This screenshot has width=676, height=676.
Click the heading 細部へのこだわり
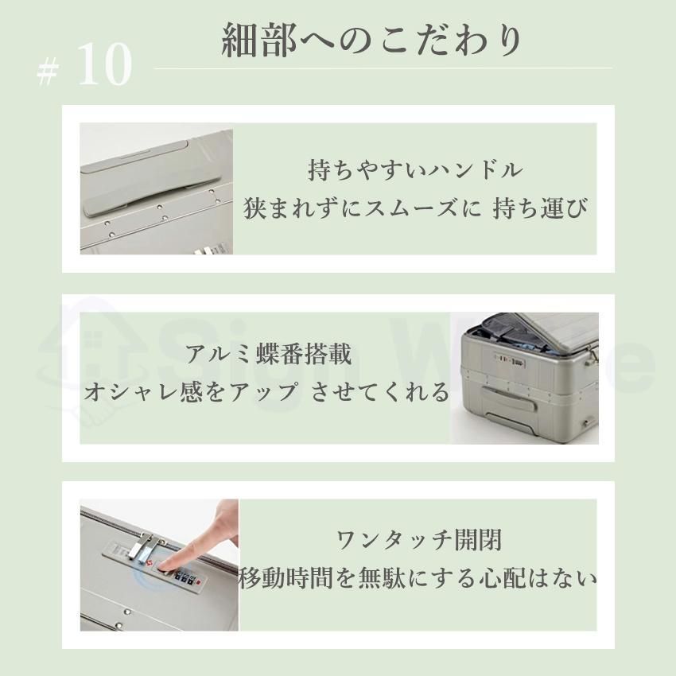point(371,42)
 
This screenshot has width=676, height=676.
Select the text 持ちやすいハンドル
point(414,170)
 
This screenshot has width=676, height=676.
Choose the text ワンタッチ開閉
point(419,542)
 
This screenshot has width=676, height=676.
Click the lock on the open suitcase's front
point(500,359)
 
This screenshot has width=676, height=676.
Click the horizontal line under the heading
point(383,68)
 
